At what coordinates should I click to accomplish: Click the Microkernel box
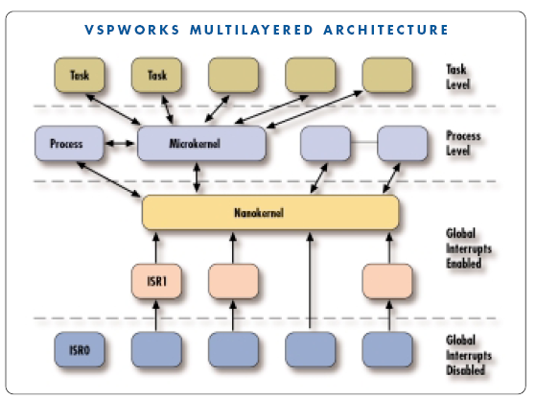(x=201, y=143)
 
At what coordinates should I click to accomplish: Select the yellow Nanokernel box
(x=270, y=212)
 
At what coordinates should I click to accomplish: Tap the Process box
(x=69, y=143)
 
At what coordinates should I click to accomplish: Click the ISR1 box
(x=156, y=281)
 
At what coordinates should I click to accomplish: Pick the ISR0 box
(x=80, y=350)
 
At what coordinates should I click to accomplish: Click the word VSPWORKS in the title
(x=132, y=30)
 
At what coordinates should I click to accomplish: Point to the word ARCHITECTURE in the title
(x=385, y=30)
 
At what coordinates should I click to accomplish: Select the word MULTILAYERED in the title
(x=251, y=30)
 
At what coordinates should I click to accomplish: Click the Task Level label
(x=457, y=77)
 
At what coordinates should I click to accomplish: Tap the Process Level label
(x=463, y=143)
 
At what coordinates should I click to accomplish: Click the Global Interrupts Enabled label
(x=469, y=248)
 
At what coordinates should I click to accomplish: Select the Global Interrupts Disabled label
(x=469, y=355)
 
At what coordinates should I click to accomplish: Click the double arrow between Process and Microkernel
(x=120, y=143)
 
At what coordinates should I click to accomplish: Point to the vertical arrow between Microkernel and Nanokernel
(x=197, y=177)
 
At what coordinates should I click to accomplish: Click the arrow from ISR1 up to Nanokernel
(x=156, y=248)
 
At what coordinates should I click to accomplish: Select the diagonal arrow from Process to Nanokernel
(x=108, y=179)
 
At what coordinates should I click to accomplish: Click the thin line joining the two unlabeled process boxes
(x=364, y=142)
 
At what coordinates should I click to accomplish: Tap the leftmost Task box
(x=80, y=75)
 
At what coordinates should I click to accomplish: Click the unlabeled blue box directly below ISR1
(x=156, y=350)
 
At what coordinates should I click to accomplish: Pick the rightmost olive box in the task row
(x=387, y=75)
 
